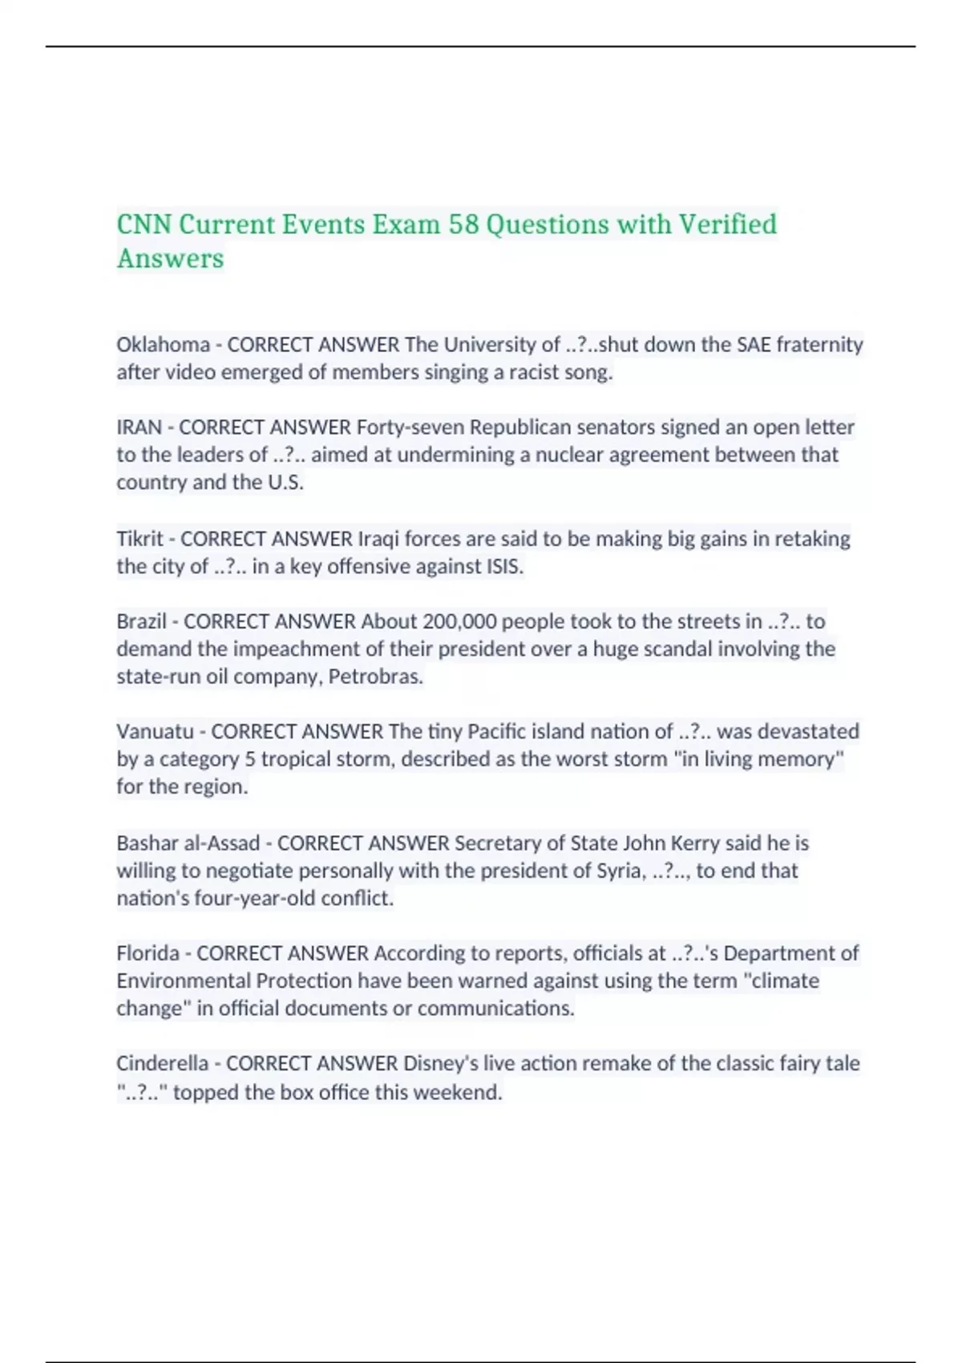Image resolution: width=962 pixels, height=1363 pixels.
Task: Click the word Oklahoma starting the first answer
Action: coord(163,345)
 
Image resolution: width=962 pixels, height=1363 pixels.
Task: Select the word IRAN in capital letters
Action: coord(139,427)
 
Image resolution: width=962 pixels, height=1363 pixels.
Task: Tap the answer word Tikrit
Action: coord(139,539)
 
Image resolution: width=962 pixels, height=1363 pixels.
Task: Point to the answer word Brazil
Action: coord(141,621)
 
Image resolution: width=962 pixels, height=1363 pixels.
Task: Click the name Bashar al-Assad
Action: coord(188,843)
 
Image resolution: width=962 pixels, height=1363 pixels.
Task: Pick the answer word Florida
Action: coord(148,953)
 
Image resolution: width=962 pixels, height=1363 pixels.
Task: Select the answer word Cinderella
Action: coord(162,1064)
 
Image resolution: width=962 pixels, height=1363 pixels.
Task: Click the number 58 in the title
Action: coord(463,224)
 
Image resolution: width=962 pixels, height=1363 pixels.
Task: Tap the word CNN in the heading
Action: coord(144,224)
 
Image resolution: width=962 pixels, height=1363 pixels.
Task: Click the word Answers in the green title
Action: coord(170,259)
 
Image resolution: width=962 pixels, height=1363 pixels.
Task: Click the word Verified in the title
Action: coord(727,224)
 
